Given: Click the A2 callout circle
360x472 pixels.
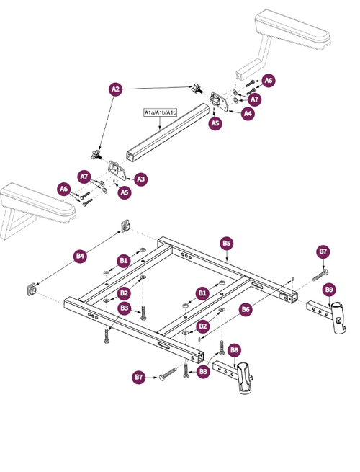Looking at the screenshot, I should click(x=115, y=89).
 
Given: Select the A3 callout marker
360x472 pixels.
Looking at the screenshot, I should click(x=141, y=178).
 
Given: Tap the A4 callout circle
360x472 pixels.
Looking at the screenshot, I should click(x=248, y=113).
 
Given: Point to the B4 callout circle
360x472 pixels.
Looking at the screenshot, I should click(x=80, y=255).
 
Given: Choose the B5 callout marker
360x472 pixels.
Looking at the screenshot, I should click(x=226, y=244).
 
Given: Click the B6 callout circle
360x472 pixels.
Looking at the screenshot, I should click(x=246, y=309).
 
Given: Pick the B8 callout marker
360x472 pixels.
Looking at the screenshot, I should click(x=234, y=350).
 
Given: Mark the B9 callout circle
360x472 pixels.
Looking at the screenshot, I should click(x=329, y=290).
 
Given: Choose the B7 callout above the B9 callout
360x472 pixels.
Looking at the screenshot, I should click(x=323, y=251).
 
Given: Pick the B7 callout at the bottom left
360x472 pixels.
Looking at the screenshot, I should click(x=140, y=376).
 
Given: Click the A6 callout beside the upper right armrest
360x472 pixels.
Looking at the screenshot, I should click(x=268, y=80).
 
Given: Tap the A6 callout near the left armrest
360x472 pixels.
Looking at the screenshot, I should click(x=63, y=189).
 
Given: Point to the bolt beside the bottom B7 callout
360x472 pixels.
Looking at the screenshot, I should click(x=167, y=373).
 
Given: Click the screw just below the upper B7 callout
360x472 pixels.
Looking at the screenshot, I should click(x=320, y=274).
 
